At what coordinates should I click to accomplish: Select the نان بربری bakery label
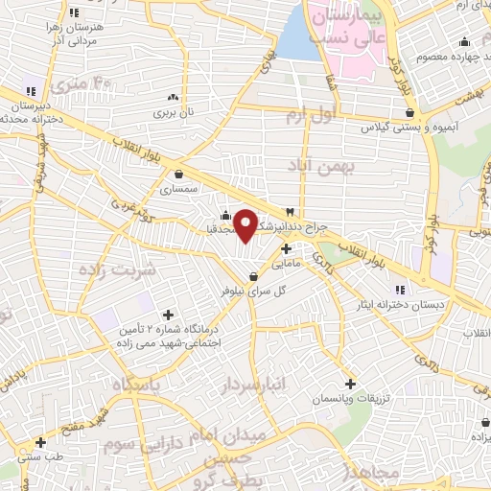pos(175,112)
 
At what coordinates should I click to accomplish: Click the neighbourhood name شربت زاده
pos(146,269)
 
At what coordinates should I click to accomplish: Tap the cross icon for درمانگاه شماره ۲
pos(169,315)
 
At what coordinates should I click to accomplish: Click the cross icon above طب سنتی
pos(39,442)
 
